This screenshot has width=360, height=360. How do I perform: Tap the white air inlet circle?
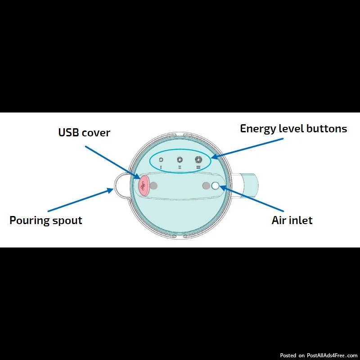pyautogui.click(x=215, y=186)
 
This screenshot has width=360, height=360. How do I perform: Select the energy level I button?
pyautogui.click(x=161, y=160)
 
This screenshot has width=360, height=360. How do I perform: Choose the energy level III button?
pyautogui.click(x=198, y=159)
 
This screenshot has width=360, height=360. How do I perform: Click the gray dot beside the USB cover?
pyautogui.click(x=154, y=185)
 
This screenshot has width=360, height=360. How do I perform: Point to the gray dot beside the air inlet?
pyautogui.click(x=207, y=186)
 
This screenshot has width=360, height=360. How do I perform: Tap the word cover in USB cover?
pyautogui.click(x=96, y=133)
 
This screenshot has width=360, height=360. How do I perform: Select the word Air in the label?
pyautogui.click(x=279, y=220)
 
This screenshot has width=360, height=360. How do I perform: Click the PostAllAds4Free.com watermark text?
pyautogui.click(x=333, y=355)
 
